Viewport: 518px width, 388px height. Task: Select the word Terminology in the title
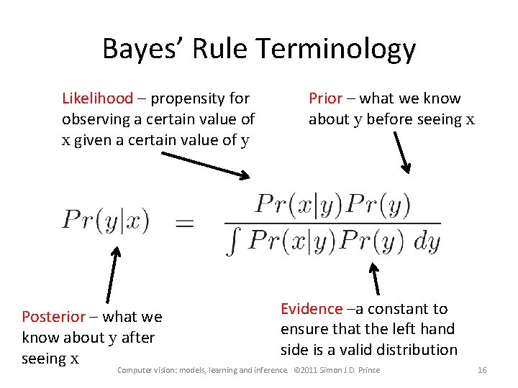pos(335,49)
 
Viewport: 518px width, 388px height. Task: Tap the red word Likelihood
pos(97,98)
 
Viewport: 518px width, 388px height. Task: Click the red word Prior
pos(325,98)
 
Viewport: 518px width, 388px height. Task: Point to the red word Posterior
pos(53,317)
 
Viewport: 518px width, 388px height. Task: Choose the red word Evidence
pos(312,309)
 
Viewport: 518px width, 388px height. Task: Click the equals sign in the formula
pos(185,224)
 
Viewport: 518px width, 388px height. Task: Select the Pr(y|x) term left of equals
pos(105,220)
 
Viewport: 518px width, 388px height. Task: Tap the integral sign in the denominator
pos(232,242)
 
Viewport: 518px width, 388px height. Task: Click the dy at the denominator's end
pos(427,242)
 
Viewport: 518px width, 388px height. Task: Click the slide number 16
pos(482,370)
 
